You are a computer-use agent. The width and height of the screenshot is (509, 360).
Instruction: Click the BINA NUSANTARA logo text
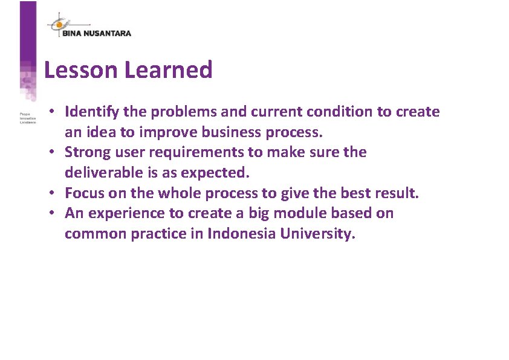97,33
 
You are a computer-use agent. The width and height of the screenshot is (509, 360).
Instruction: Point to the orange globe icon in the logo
59,25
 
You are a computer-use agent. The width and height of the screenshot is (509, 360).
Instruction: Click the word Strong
86,152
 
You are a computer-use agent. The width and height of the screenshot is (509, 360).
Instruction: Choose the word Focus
83,193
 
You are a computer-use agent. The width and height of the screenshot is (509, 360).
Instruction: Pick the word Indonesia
242,234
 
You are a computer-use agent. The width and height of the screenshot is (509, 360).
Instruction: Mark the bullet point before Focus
53,193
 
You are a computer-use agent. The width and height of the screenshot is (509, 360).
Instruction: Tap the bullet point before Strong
53,152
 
